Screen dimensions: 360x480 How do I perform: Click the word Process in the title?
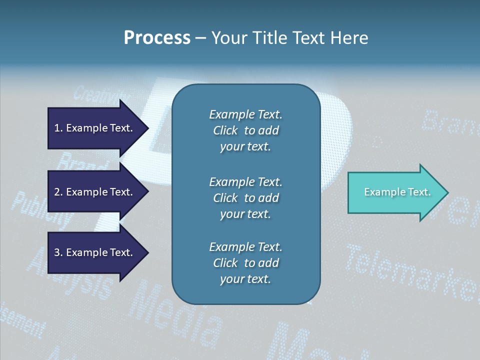[x=157, y=38]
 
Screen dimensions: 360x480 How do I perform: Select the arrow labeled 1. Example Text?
[x=95, y=128]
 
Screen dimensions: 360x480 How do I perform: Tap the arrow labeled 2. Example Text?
[x=95, y=192]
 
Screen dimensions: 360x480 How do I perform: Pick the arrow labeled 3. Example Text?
[x=95, y=252]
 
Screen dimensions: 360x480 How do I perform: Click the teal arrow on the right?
[x=395, y=192]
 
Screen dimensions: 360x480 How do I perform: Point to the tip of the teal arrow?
[x=447, y=192]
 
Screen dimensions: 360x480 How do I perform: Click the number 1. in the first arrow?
[x=58, y=128]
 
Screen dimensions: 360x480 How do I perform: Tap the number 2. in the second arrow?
[x=58, y=192]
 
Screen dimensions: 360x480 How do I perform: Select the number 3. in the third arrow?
[x=58, y=252]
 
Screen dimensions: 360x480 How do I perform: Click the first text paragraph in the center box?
[x=245, y=130]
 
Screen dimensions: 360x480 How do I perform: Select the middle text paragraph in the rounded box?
[x=245, y=197]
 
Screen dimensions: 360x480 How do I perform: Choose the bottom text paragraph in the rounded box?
[x=245, y=263]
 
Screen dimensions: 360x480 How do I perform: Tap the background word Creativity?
[x=100, y=93]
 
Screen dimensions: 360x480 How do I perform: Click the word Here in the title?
[x=349, y=38]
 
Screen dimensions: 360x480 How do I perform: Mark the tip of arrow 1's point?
[x=148, y=128]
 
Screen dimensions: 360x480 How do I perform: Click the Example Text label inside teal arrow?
[x=397, y=192]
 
